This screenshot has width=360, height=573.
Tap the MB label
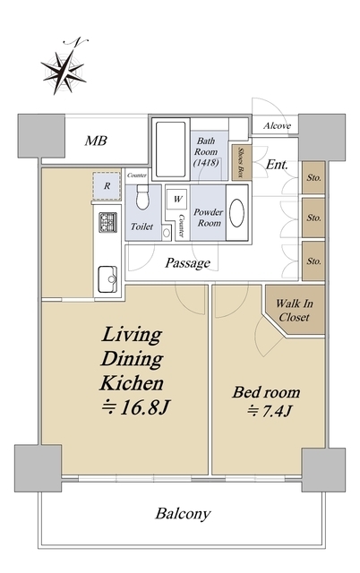click(x=96, y=141)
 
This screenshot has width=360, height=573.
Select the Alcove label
click(x=277, y=126)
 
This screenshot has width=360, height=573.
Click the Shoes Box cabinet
click(x=242, y=162)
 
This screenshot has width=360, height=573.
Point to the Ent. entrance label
click(x=277, y=165)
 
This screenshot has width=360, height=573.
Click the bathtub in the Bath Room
click(x=171, y=150)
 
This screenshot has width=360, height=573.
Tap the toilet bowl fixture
click(x=142, y=197)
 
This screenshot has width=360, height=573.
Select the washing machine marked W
click(x=177, y=199)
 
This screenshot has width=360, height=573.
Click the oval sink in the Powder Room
click(x=236, y=213)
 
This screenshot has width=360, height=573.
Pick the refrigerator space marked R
click(x=107, y=186)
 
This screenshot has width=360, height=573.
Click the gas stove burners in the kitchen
click(x=107, y=222)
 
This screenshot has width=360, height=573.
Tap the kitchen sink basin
click(x=107, y=279)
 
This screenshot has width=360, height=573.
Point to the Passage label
click(x=187, y=262)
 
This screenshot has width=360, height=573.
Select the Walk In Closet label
click(x=295, y=311)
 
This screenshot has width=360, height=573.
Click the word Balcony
click(x=183, y=514)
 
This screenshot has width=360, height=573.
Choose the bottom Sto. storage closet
click(x=313, y=261)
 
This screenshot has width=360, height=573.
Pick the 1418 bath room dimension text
click(x=206, y=162)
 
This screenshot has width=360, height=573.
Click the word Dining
click(x=132, y=359)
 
